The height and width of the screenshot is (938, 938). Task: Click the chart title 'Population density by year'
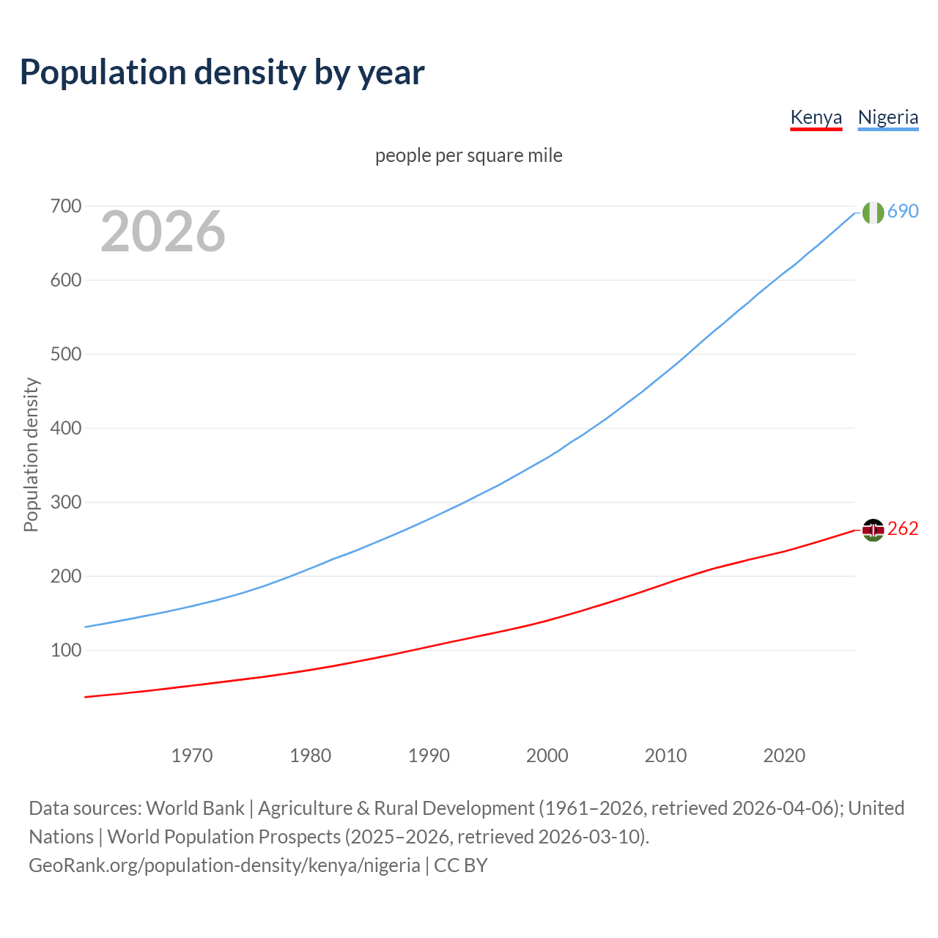[x=222, y=73]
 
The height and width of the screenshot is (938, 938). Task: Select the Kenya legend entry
[x=816, y=117]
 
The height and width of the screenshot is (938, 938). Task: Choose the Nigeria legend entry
[x=887, y=117]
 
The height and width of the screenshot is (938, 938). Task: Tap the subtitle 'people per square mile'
[x=468, y=155]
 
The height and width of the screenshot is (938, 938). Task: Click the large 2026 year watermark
[x=163, y=232]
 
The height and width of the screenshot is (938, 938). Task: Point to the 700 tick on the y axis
[x=65, y=207]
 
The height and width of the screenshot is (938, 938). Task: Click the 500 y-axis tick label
[x=65, y=355]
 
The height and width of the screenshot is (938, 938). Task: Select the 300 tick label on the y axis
[x=65, y=503]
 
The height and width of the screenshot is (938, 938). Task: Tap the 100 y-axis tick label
[x=65, y=651]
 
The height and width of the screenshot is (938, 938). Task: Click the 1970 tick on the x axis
[x=192, y=756]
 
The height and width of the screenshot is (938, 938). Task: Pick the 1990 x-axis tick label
[x=429, y=756]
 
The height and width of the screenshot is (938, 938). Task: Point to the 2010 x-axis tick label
[x=665, y=756]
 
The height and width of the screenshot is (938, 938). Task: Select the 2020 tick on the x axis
[x=784, y=756]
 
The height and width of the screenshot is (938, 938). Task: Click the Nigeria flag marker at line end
[x=873, y=213]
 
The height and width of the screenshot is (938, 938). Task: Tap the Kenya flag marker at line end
[x=873, y=530]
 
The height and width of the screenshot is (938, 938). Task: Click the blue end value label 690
[x=903, y=212]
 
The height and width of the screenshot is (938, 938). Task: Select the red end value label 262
[x=903, y=529]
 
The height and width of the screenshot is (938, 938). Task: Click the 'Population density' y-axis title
[x=31, y=454]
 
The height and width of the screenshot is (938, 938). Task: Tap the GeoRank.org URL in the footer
[x=224, y=865]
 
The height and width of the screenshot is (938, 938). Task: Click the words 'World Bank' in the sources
[x=195, y=808]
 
